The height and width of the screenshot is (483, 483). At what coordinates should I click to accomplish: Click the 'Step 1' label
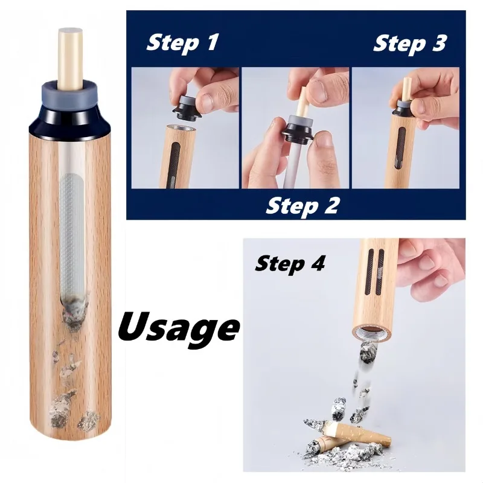click(182, 43)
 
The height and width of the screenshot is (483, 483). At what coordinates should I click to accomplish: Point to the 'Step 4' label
click(290, 263)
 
